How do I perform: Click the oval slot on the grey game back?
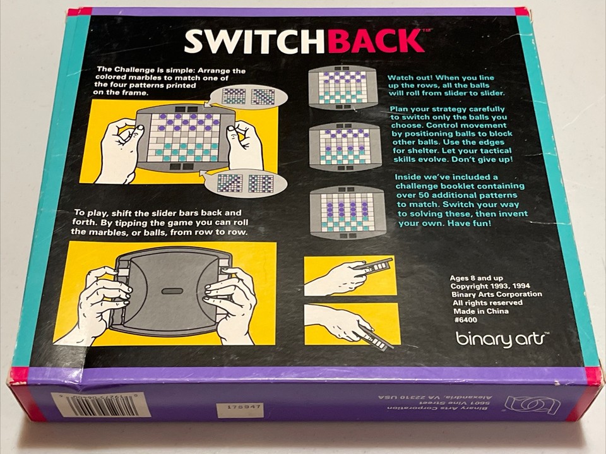click(x=172, y=291)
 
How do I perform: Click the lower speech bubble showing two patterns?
click(x=245, y=183)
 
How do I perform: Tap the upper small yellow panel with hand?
click(x=350, y=275)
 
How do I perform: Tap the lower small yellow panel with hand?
click(x=350, y=324)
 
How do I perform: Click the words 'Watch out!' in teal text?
click(x=413, y=77)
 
